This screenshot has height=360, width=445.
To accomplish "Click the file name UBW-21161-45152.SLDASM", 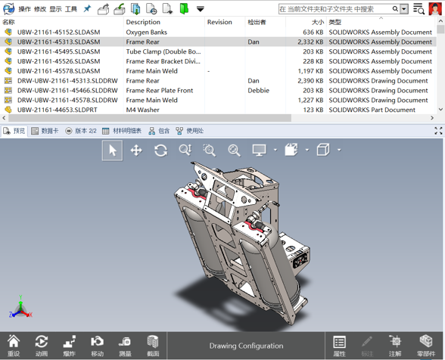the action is (x=58, y=32).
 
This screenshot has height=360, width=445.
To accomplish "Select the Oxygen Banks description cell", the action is (x=147, y=32).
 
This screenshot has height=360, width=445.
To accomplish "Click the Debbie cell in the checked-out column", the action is (x=259, y=91).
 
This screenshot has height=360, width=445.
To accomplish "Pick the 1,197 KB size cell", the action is (x=310, y=71).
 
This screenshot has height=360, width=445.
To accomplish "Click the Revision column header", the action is (x=219, y=22).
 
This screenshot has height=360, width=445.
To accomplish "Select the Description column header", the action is (x=143, y=22).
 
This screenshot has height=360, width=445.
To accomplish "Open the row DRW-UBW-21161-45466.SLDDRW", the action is (x=67, y=91).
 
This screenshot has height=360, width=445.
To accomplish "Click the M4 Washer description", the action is (x=143, y=110).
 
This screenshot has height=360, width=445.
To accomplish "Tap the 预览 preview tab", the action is (x=14, y=131).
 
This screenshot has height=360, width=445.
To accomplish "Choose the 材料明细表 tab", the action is (x=122, y=131).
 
